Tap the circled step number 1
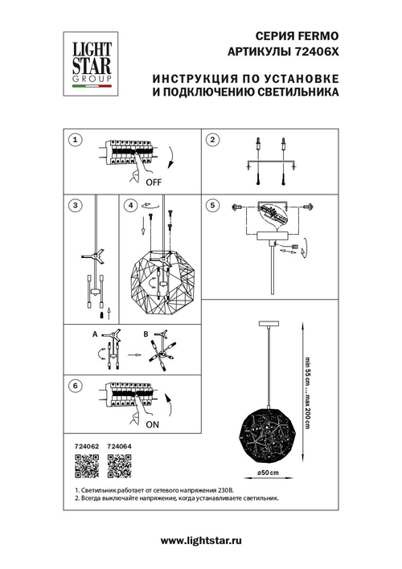pyautogui.click(x=75, y=141)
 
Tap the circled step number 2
pyautogui.click(x=212, y=141)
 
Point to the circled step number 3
pyautogui.click(x=75, y=205)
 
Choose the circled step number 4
pyautogui.click(x=131, y=205)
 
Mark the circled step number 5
pyautogui.click(x=212, y=205)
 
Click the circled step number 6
pyautogui.click(x=75, y=387)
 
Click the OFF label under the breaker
pyautogui.click(x=153, y=182)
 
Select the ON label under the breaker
pyautogui.click(x=153, y=428)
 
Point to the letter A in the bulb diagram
pyautogui.click(x=94, y=334)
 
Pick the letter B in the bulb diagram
pyautogui.click(x=146, y=334)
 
